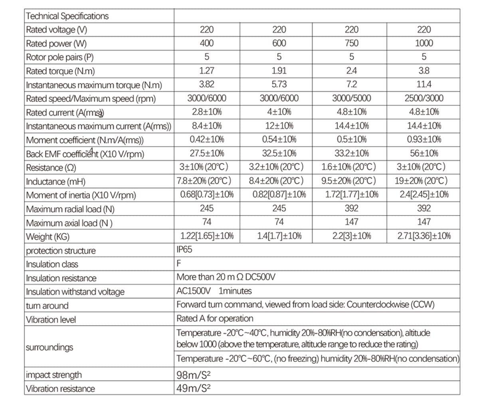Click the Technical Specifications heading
[x=67, y=16]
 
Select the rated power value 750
[x=351, y=43]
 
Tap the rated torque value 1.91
[x=279, y=71]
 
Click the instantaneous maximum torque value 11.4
[x=424, y=84]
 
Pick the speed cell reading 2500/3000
[x=424, y=98]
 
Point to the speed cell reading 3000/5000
[x=351, y=98]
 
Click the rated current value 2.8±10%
[x=206, y=112]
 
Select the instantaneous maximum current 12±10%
[x=279, y=126]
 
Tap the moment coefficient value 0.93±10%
[x=424, y=139]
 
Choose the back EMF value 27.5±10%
[x=206, y=153]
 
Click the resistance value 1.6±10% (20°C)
[x=349, y=167]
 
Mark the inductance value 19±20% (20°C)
[x=421, y=181]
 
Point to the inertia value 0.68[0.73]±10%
[x=206, y=195]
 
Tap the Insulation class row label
[x=52, y=264]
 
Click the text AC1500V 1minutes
[x=214, y=291]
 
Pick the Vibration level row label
[x=51, y=320]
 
